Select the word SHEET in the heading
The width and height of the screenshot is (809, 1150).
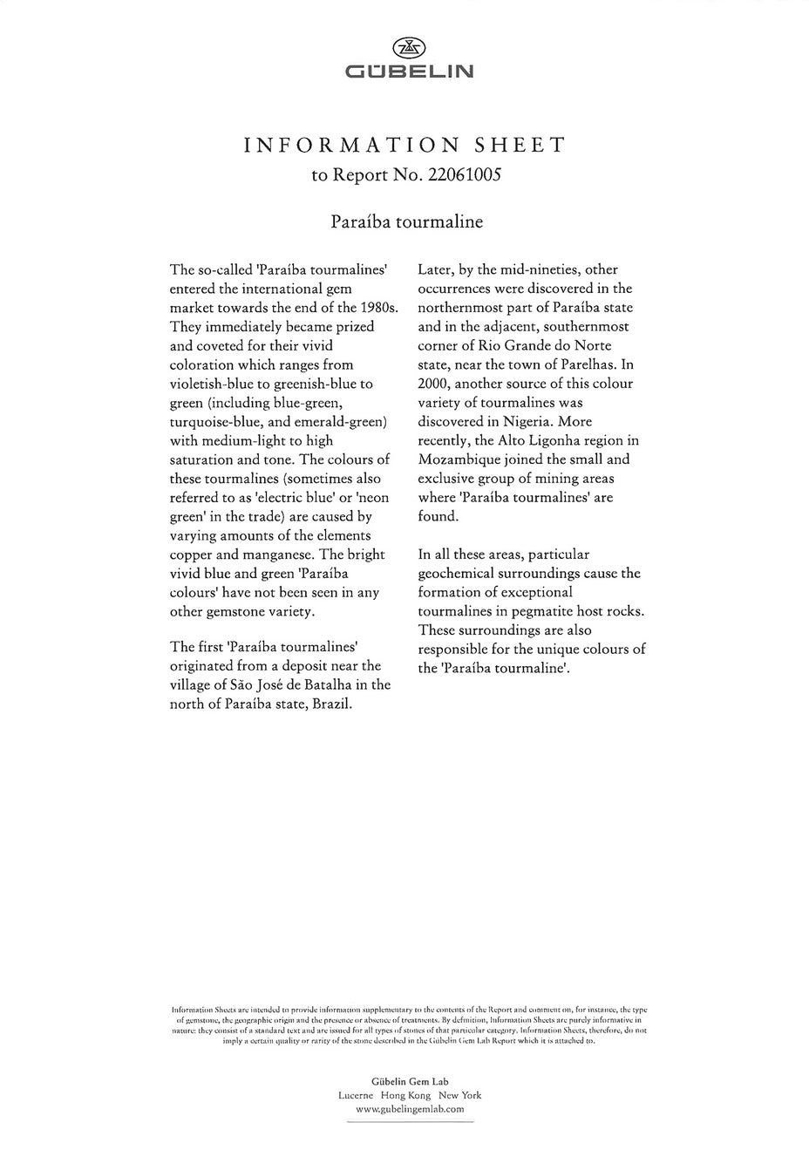[x=519, y=145]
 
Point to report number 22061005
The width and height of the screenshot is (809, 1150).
[x=464, y=174]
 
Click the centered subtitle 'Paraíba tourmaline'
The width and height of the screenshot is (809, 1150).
[x=406, y=221]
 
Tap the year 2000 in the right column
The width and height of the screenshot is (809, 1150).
[x=432, y=384]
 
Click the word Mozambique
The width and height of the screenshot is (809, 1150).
[x=459, y=459]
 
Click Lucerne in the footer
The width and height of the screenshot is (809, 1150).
[x=356, y=1095]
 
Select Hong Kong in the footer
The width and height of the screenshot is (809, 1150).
[x=406, y=1095]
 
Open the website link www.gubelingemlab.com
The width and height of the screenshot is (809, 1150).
[x=410, y=1109]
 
